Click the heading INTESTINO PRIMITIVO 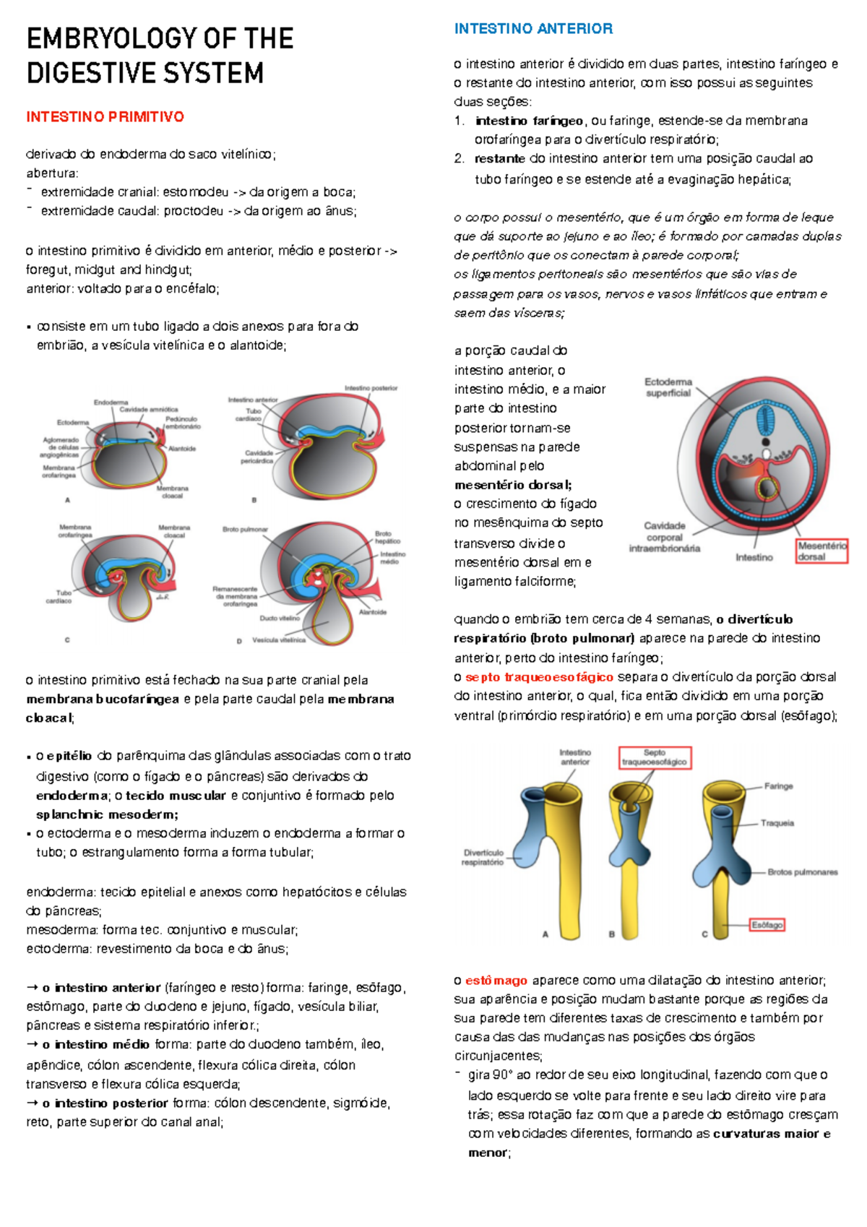[105, 117]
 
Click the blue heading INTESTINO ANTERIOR [533, 29]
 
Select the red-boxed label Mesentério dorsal [821, 551]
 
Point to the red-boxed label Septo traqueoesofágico [655, 757]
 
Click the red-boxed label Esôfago [767, 925]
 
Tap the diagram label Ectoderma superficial [668, 387]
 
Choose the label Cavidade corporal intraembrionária [664, 537]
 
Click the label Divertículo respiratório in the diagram [483, 857]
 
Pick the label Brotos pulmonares [803, 872]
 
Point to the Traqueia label [777, 823]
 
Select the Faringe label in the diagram [779, 786]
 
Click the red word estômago [496, 981]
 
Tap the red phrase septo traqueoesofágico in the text [539, 677]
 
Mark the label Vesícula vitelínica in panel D [279, 640]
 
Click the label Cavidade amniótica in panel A [149, 410]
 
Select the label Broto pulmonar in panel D [245, 530]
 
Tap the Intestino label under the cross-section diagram [754, 558]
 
